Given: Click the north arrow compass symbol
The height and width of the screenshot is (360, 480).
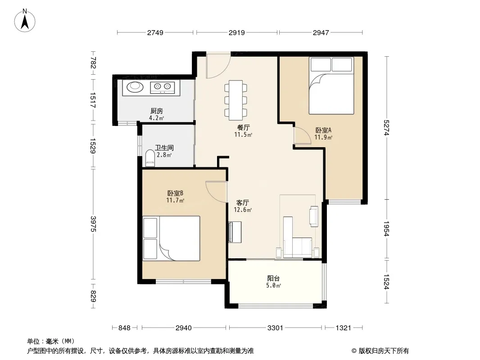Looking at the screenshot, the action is [x=25, y=21].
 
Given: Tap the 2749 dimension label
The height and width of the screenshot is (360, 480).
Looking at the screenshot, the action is [x=155, y=32].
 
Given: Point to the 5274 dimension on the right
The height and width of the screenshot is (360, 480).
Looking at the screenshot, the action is [x=386, y=128].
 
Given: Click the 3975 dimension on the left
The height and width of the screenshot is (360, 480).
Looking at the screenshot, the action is [x=93, y=224].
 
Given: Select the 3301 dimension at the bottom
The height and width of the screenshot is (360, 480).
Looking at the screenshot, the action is [x=275, y=328].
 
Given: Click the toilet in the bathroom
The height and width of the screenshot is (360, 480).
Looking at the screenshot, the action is [x=150, y=158].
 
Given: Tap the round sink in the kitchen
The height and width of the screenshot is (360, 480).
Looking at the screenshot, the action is [x=135, y=87].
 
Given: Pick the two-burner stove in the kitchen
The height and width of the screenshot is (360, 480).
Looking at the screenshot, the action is [x=163, y=87].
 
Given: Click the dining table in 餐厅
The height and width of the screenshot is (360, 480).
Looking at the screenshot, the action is [x=235, y=100].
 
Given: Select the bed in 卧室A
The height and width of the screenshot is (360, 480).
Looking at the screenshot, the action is [x=331, y=85].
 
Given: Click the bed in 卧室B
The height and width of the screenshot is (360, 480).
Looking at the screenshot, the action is [x=172, y=238].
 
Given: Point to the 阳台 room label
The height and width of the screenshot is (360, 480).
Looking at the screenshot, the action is [x=273, y=279].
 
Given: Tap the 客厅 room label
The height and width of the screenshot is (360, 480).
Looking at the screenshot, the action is [x=242, y=203].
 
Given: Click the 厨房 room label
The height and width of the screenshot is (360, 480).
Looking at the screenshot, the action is [x=156, y=111].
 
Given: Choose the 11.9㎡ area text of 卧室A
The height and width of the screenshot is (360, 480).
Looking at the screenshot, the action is [x=323, y=137].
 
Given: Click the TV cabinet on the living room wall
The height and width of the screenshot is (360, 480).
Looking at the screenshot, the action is [x=235, y=232].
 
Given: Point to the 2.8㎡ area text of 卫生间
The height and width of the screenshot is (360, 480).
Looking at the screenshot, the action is [x=164, y=155].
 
